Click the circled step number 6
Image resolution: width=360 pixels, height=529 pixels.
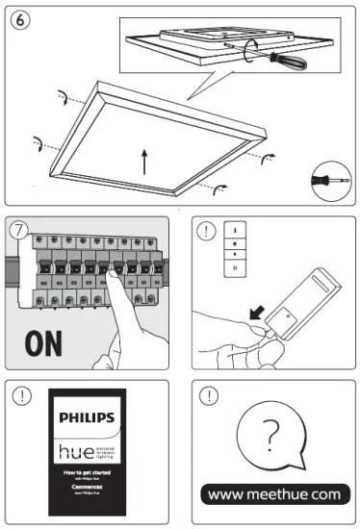pyautogui.click(x=18, y=19)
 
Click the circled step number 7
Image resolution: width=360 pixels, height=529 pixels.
pyautogui.click(x=19, y=231)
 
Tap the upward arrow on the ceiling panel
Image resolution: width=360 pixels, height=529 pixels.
pyautogui.click(x=144, y=160)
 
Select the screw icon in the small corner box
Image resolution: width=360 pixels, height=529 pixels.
pyautogui.click(x=327, y=180)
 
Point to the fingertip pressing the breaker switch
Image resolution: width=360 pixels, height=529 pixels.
pyautogui.click(x=113, y=280)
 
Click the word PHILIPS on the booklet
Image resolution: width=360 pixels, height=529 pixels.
pyautogui.click(x=88, y=417)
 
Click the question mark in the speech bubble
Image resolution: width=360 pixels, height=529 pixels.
pyautogui.click(x=272, y=435)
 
